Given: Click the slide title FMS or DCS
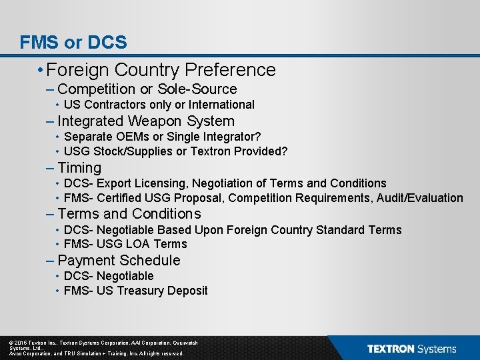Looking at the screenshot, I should [73, 43].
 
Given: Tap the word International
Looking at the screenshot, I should [221, 105].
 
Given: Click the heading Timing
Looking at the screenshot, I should [79, 168].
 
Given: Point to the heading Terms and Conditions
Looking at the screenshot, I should [129, 214].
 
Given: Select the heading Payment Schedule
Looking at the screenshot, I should [119, 261].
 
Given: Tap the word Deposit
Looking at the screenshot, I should [188, 291].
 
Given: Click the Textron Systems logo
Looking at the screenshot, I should [411, 349].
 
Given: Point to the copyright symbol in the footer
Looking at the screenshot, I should [11, 343].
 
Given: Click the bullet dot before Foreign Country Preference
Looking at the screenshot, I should [41, 70].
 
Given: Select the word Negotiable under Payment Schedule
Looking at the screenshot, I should [125, 276].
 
